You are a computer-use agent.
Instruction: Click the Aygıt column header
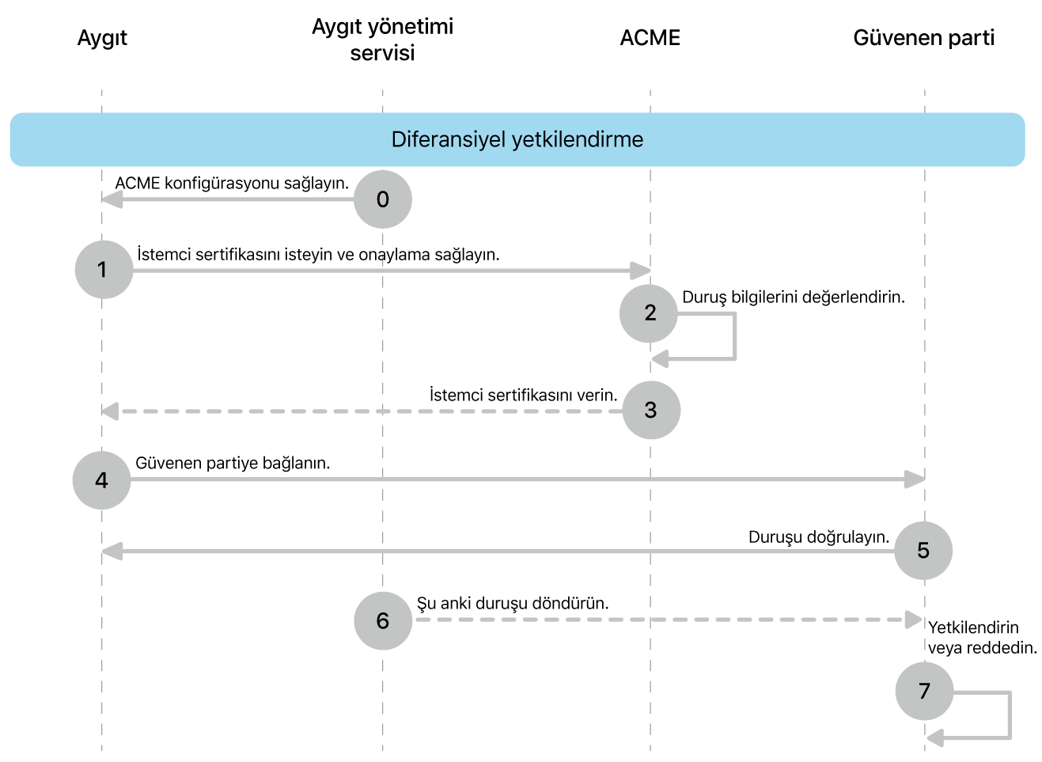coord(102,38)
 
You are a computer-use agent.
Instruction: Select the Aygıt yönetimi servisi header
coord(382,40)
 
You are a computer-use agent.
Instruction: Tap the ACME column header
coord(650,38)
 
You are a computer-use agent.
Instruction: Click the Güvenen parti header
coord(923,38)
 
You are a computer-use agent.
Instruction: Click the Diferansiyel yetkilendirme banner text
coord(517,139)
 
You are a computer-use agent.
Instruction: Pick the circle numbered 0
coord(383,199)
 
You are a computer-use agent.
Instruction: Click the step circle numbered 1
coord(104,270)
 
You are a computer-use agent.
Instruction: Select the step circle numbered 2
coord(649,313)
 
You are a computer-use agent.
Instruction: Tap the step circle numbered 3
coord(651,410)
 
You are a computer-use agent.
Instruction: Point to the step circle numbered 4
coord(101,480)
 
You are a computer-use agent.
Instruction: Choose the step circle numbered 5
coord(923,551)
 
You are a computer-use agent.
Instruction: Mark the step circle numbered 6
coord(383,621)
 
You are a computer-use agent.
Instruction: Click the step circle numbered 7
coord(924,692)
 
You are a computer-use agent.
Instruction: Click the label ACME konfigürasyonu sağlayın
coord(232,184)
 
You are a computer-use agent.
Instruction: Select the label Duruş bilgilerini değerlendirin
coord(793,298)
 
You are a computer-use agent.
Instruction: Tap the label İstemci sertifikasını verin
coord(523,395)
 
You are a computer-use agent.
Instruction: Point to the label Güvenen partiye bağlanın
coord(233,463)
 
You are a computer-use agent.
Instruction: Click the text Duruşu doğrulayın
coord(818,537)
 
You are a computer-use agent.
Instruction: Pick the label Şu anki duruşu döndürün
coord(513,603)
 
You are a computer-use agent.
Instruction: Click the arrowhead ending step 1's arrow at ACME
coord(641,271)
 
